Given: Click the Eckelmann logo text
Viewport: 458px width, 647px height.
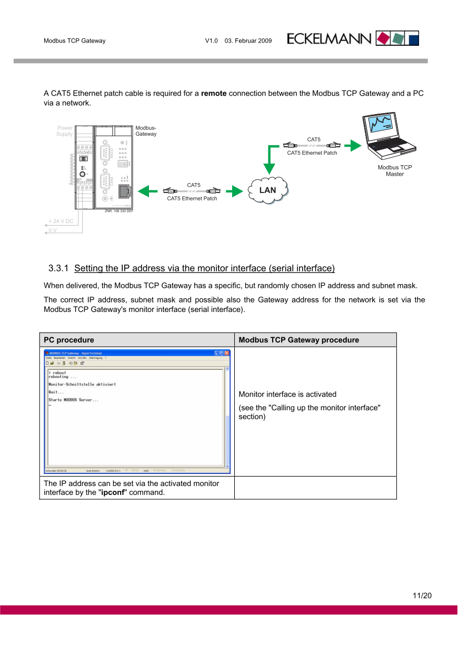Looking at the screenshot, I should click(x=330, y=39).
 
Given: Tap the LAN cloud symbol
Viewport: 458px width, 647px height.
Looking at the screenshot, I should click(x=268, y=190).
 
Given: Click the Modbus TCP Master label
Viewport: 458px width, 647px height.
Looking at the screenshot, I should click(x=395, y=170).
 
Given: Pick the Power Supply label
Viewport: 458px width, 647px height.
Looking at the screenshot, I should click(x=65, y=131).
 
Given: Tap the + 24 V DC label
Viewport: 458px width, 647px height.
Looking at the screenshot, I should click(x=61, y=221).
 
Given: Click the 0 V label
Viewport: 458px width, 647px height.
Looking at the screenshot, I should click(x=53, y=230).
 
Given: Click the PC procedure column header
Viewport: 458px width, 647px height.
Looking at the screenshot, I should click(x=69, y=340).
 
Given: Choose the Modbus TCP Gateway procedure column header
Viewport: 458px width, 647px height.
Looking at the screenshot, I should click(x=298, y=340).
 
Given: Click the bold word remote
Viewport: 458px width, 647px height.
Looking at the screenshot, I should click(x=214, y=94).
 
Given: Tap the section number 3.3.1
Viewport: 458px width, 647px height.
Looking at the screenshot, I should click(x=58, y=268).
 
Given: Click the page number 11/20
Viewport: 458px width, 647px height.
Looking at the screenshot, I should click(x=422, y=595).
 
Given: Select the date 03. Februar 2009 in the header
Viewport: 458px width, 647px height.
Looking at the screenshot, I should click(x=248, y=41).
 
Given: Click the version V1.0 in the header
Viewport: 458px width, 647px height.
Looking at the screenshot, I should click(x=211, y=41).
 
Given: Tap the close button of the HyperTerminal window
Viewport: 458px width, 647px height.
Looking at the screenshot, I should click(x=227, y=353).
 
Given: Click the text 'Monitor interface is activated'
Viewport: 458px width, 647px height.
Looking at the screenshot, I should click(x=287, y=394).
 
